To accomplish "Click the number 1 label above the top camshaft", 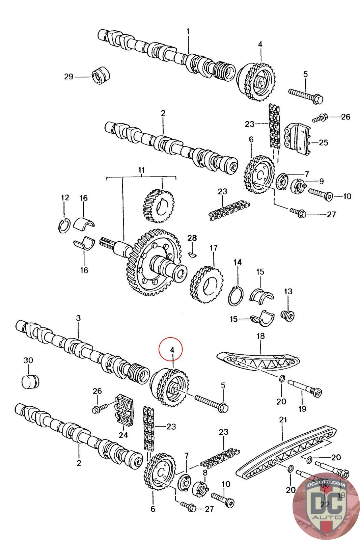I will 188,31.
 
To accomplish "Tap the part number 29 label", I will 69,77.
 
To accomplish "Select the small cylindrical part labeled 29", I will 101,76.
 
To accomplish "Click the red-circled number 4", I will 172,350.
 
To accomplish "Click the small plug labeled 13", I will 288,315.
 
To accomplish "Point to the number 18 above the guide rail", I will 260,336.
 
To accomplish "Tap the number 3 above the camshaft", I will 78,318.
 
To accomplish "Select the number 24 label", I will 123,435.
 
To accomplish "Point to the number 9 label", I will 321,181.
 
